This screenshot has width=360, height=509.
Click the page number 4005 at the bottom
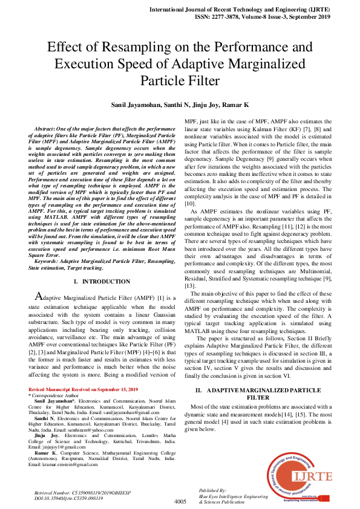[x=180, y=502]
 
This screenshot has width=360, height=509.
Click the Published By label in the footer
[x=212, y=490]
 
